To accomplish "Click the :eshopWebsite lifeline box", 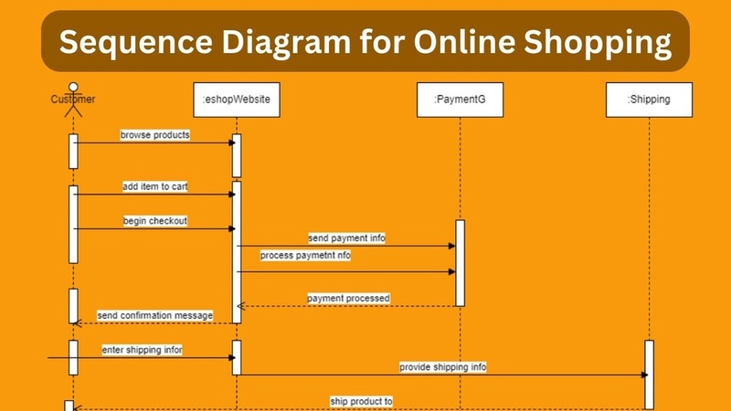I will pyautogui.click(x=237, y=100).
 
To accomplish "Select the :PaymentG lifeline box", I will pyautogui.click(x=460, y=100).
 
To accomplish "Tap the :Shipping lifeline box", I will pyautogui.click(x=650, y=100).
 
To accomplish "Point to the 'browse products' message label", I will pyautogui.click(x=155, y=135).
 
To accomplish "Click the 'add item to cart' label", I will pyautogui.click(x=155, y=187).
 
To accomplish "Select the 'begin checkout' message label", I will pyautogui.click(x=155, y=221).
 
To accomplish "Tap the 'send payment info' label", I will pyautogui.click(x=346, y=238).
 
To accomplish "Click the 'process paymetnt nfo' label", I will pyautogui.click(x=305, y=256).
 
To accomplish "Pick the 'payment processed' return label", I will pyautogui.click(x=348, y=298).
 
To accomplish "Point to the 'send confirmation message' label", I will pyautogui.click(x=154, y=315).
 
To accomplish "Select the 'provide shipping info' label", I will pyautogui.click(x=442, y=367).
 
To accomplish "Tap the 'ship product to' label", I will pyautogui.click(x=361, y=401).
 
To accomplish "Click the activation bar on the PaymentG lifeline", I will pyautogui.click(x=460, y=262).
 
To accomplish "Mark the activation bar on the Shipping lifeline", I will pyautogui.click(x=650, y=374).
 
